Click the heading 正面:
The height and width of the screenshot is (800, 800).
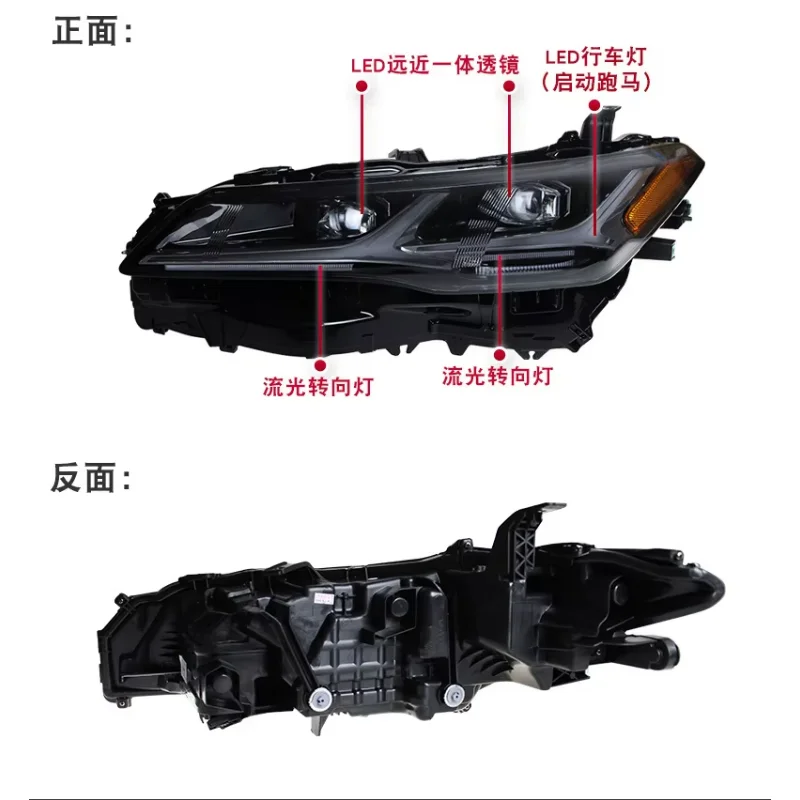pos(92,32)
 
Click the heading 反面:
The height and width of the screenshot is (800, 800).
pos(91,478)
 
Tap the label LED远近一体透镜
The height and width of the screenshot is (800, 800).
pos(435,65)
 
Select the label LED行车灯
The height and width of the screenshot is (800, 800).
pos(595,56)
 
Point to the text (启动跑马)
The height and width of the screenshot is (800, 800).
pos(596,82)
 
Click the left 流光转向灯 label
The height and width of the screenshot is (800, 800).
pos(318,387)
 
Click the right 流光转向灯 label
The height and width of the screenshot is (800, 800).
pos(497,376)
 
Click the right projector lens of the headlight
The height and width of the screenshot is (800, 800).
pos(527,203)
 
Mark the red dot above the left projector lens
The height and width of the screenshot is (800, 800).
pos(362,86)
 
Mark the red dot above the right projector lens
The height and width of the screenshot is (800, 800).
pos(509,86)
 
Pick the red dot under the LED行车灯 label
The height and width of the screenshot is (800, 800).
pos(594,105)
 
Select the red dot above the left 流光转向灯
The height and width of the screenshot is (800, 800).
pos(320,365)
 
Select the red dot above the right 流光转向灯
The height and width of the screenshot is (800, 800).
pos(499,355)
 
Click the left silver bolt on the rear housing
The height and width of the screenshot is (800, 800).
pos(320,697)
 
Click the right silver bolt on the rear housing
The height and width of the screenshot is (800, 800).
pos(454,695)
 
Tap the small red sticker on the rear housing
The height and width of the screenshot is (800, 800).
pos(322,597)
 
